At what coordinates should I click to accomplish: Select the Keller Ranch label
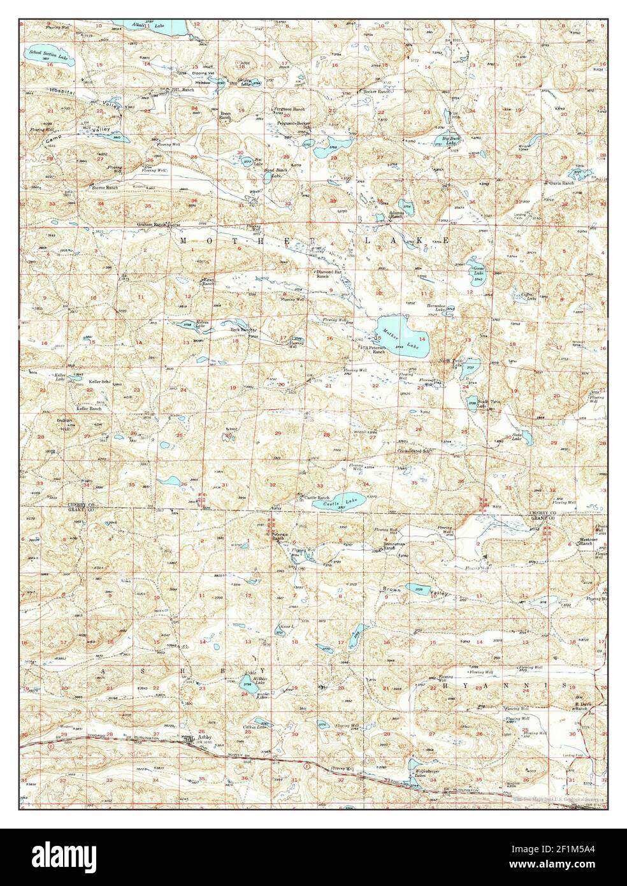89,408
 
